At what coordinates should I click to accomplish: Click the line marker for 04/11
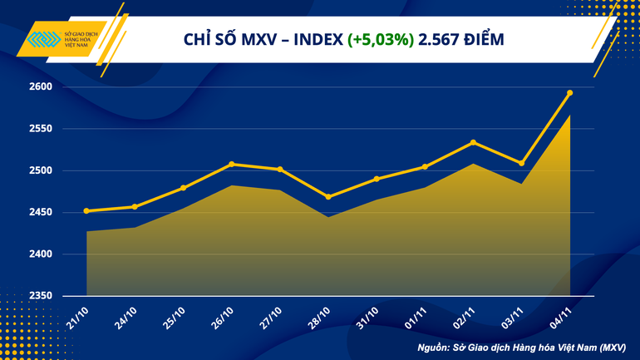569,93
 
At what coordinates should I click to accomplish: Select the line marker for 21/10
86,211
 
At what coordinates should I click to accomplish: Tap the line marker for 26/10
231,165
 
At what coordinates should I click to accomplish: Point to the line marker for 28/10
327,197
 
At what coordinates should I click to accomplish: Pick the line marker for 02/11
473,142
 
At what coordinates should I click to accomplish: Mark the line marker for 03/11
521,163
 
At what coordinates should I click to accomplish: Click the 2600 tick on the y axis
41,87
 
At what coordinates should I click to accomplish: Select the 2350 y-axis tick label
41,296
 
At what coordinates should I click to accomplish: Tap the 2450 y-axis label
41,213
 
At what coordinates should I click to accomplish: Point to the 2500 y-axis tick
41,171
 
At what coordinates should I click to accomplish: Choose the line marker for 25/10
183,188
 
